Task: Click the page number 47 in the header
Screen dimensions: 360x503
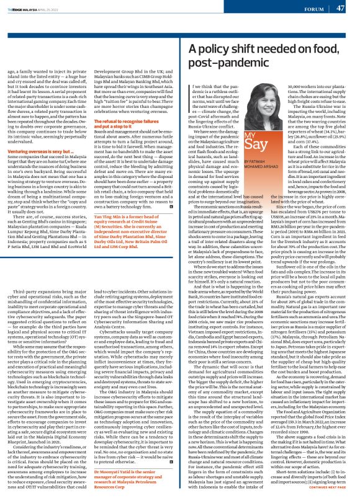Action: (x=341, y=7)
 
